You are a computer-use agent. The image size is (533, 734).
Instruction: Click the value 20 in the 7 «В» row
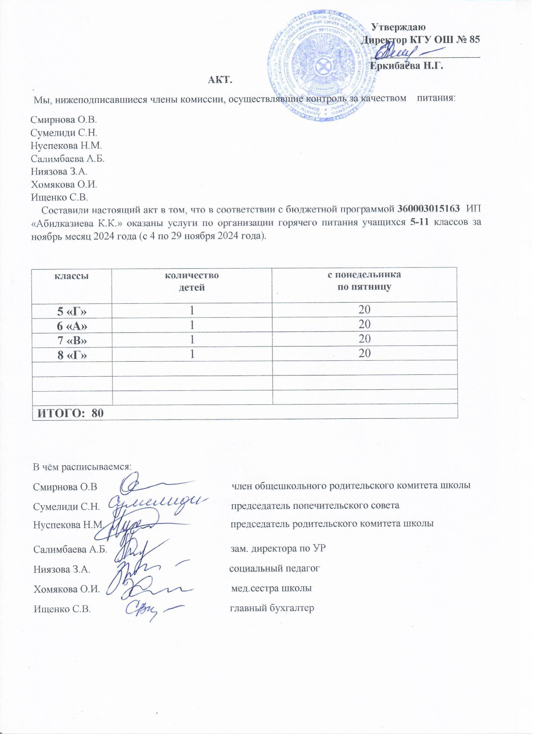click(364, 339)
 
